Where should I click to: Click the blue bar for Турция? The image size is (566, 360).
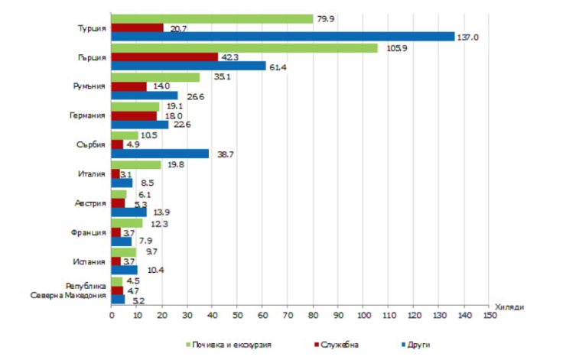283,37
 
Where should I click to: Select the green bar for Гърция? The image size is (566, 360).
245,47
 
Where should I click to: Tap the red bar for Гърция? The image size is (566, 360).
164,57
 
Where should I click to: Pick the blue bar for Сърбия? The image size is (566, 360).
160,154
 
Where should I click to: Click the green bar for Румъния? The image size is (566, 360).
155,76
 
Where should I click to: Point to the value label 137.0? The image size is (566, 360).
468,37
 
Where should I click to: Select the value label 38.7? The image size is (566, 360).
222,154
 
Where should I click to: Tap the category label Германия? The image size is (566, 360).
86,115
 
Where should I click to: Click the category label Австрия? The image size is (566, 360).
89,203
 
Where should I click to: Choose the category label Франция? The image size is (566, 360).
88,232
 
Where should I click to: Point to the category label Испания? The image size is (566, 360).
89,261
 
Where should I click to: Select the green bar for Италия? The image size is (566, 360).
136,164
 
